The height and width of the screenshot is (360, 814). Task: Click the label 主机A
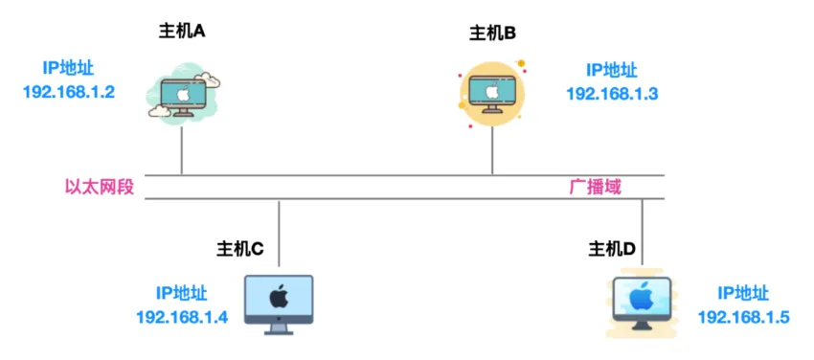pyautogui.click(x=182, y=31)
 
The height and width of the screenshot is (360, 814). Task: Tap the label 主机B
pyautogui.click(x=492, y=34)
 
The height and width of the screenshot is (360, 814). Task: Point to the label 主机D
pyautogui.click(x=612, y=250)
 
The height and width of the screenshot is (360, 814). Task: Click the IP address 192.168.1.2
pyautogui.click(x=69, y=92)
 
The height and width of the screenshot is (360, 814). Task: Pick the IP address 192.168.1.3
pyautogui.click(x=612, y=93)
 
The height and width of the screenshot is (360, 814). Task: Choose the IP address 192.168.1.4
pyautogui.click(x=182, y=318)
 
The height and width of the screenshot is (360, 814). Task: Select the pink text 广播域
pyautogui.click(x=595, y=187)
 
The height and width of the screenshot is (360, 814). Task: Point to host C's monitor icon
pyautogui.click(x=279, y=303)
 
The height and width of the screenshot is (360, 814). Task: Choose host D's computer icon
pyautogui.click(x=643, y=305)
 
